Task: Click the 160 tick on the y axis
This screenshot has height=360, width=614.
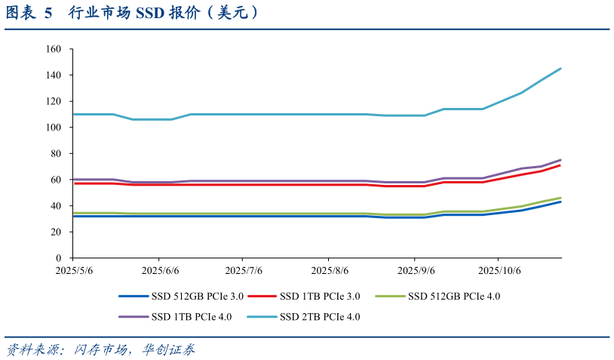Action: (x=53, y=49)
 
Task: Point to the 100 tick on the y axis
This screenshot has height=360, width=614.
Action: (x=53, y=128)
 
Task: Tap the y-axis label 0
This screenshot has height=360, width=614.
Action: (x=58, y=258)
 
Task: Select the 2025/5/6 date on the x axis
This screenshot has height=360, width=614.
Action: (x=74, y=270)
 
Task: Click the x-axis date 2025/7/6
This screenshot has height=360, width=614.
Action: (x=244, y=270)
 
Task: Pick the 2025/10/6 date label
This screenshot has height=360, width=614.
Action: (x=500, y=270)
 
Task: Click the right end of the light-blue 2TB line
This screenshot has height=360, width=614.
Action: (x=560, y=69)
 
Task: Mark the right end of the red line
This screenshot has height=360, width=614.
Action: (x=560, y=165)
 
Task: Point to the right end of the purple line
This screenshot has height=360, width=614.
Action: (x=560, y=160)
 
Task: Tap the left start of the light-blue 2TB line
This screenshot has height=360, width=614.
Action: (x=74, y=114)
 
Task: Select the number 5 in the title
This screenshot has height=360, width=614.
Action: (x=48, y=13)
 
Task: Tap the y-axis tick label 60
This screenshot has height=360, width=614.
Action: (x=55, y=180)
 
